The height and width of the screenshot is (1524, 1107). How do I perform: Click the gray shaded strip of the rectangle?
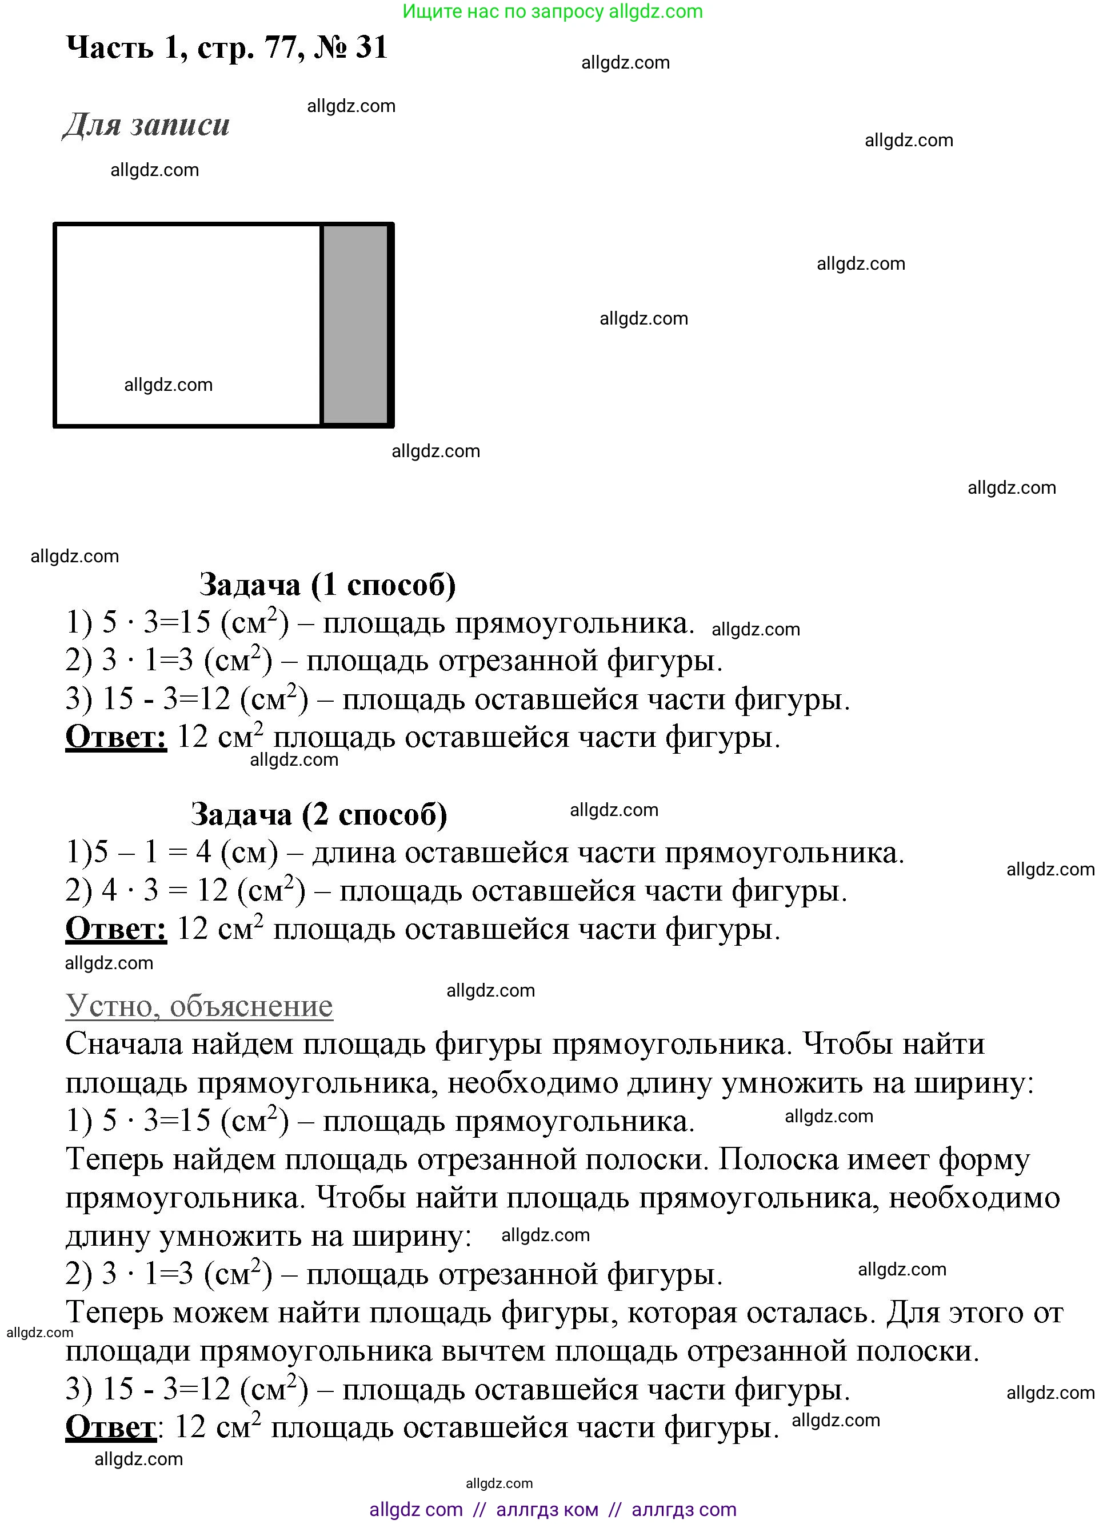pyautogui.click(x=355, y=325)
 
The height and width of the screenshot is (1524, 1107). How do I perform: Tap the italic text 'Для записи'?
pyautogui.click(x=146, y=125)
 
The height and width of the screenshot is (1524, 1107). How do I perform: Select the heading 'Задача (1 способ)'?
pyautogui.click(x=327, y=585)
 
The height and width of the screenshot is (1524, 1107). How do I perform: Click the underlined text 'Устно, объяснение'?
pyautogui.click(x=199, y=1006)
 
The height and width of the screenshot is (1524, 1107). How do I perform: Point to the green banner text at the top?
pyautogui.click(x=553, y=11)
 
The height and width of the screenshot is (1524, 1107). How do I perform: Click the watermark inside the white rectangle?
pyautogui.click(x=168, y=385)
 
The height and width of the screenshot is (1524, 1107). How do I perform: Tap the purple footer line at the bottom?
pyautogui.click(x=553, y=1509)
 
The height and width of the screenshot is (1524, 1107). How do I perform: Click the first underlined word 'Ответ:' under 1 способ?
pyautogui.click(x=115, y=737)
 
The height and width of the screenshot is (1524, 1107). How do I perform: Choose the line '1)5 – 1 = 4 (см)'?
pyautogui.click(x=171, y=853)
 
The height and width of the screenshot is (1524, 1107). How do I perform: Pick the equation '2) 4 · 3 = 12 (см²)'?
pyautogui.click(x=185, y=891)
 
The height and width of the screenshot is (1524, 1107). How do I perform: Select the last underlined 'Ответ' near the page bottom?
pyautogui.click(x=110, y=1427)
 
